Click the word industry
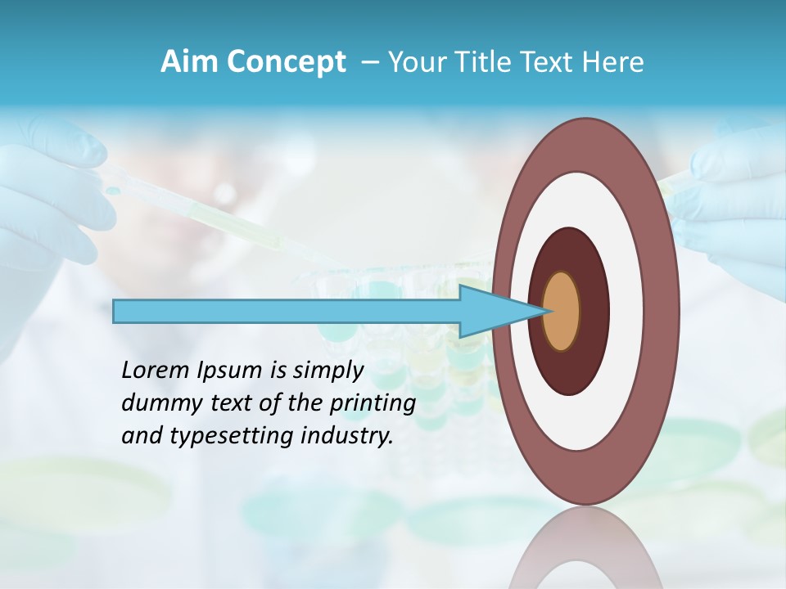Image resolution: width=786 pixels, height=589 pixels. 347,436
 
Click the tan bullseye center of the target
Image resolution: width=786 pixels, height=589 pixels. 561,311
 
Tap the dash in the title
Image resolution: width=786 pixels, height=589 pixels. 369,62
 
